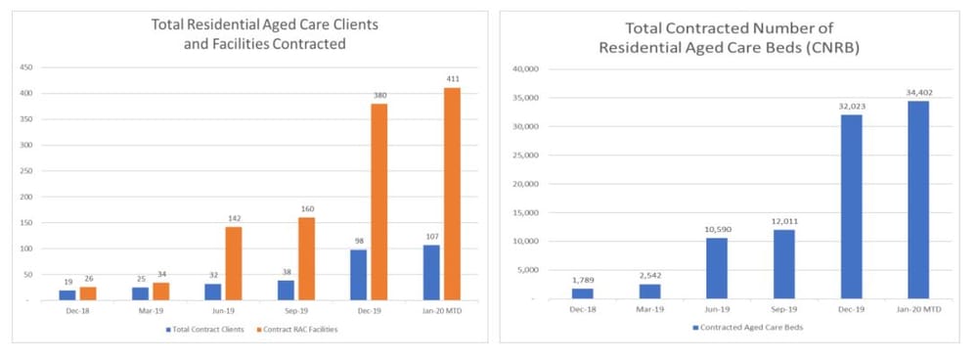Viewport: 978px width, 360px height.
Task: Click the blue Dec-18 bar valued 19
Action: point(67,294)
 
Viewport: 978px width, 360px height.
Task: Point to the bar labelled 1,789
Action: point(584,293)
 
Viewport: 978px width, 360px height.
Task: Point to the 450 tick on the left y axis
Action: point(27,67)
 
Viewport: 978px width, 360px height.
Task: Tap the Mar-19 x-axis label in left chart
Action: point(151,312)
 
